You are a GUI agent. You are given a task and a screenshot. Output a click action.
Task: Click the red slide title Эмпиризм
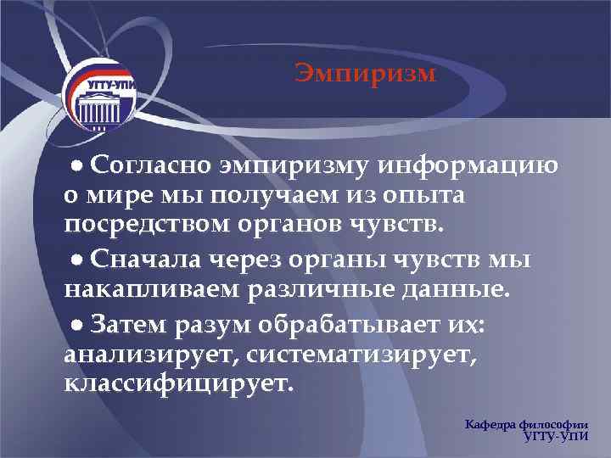tap(365, 75)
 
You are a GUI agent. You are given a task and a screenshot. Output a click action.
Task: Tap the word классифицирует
tap(178, 384)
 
